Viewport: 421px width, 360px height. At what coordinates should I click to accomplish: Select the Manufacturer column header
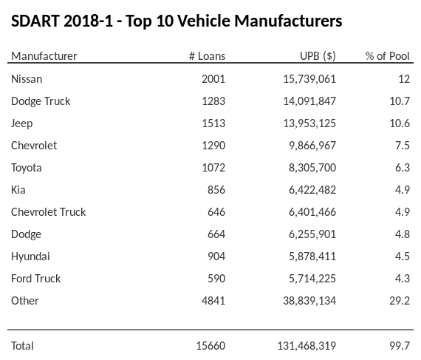[x=44, y=56]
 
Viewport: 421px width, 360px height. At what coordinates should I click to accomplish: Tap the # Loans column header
[x=207, y=56]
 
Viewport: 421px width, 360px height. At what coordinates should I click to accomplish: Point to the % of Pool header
[x=388, y=56]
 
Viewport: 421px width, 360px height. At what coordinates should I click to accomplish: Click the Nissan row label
[x=27, y=78]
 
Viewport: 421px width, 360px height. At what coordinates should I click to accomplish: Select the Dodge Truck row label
[x=41, y=101]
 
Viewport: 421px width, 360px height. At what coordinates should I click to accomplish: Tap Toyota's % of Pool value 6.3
[x=403, y=167]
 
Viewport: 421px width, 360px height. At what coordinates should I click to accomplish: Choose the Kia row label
[x=18, y=189]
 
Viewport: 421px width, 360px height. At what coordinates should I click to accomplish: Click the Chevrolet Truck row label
[x=49, y=211]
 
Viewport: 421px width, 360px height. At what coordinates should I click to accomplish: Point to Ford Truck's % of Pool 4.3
[x=403, y=278]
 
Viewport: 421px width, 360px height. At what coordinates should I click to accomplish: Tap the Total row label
[x=23, y=345]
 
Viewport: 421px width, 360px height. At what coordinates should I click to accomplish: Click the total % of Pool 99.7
[x=400, y=345]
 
